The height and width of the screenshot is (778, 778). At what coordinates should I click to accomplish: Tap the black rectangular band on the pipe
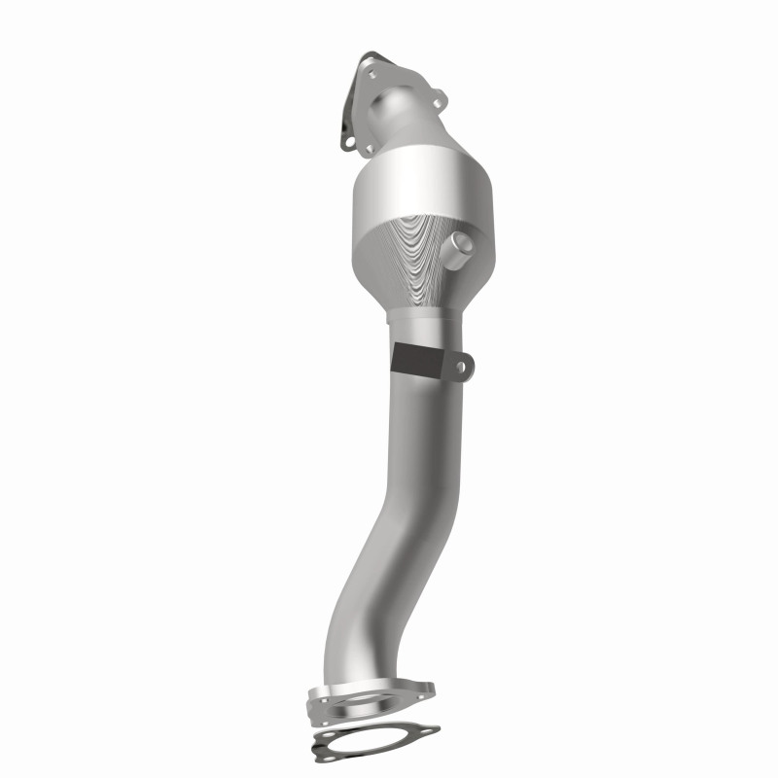tap(415, 358)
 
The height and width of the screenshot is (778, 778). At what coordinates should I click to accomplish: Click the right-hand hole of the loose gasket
tap(428, 730)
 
